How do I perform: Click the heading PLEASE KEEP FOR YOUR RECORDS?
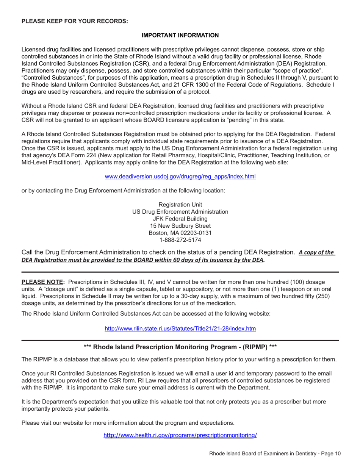pos(75,21)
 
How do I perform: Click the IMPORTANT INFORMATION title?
pos(180,35)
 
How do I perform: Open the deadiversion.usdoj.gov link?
pos(180,177)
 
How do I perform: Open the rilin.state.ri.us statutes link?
pos(180,328)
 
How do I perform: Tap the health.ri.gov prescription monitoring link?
pos(180,435)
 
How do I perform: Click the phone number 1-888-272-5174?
pos(180,240)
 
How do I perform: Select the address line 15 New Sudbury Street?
pos(180,226)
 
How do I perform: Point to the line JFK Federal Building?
pos(180,219)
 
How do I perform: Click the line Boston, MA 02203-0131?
pos(180,233)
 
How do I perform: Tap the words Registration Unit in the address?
pos(180,205)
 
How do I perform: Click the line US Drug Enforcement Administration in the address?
pos(180,211)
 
